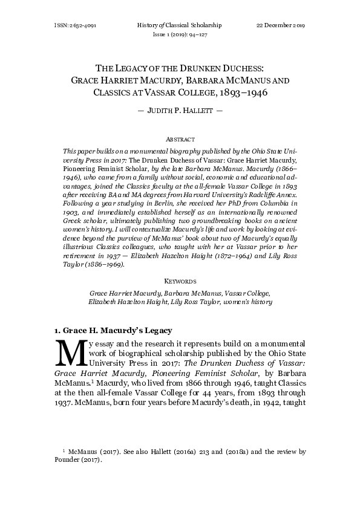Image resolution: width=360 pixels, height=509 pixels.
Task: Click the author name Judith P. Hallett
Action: (180, 112)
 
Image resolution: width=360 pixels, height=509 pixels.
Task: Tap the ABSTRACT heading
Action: (180, 138)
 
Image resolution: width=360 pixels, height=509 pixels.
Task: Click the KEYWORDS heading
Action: (180, 281)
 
